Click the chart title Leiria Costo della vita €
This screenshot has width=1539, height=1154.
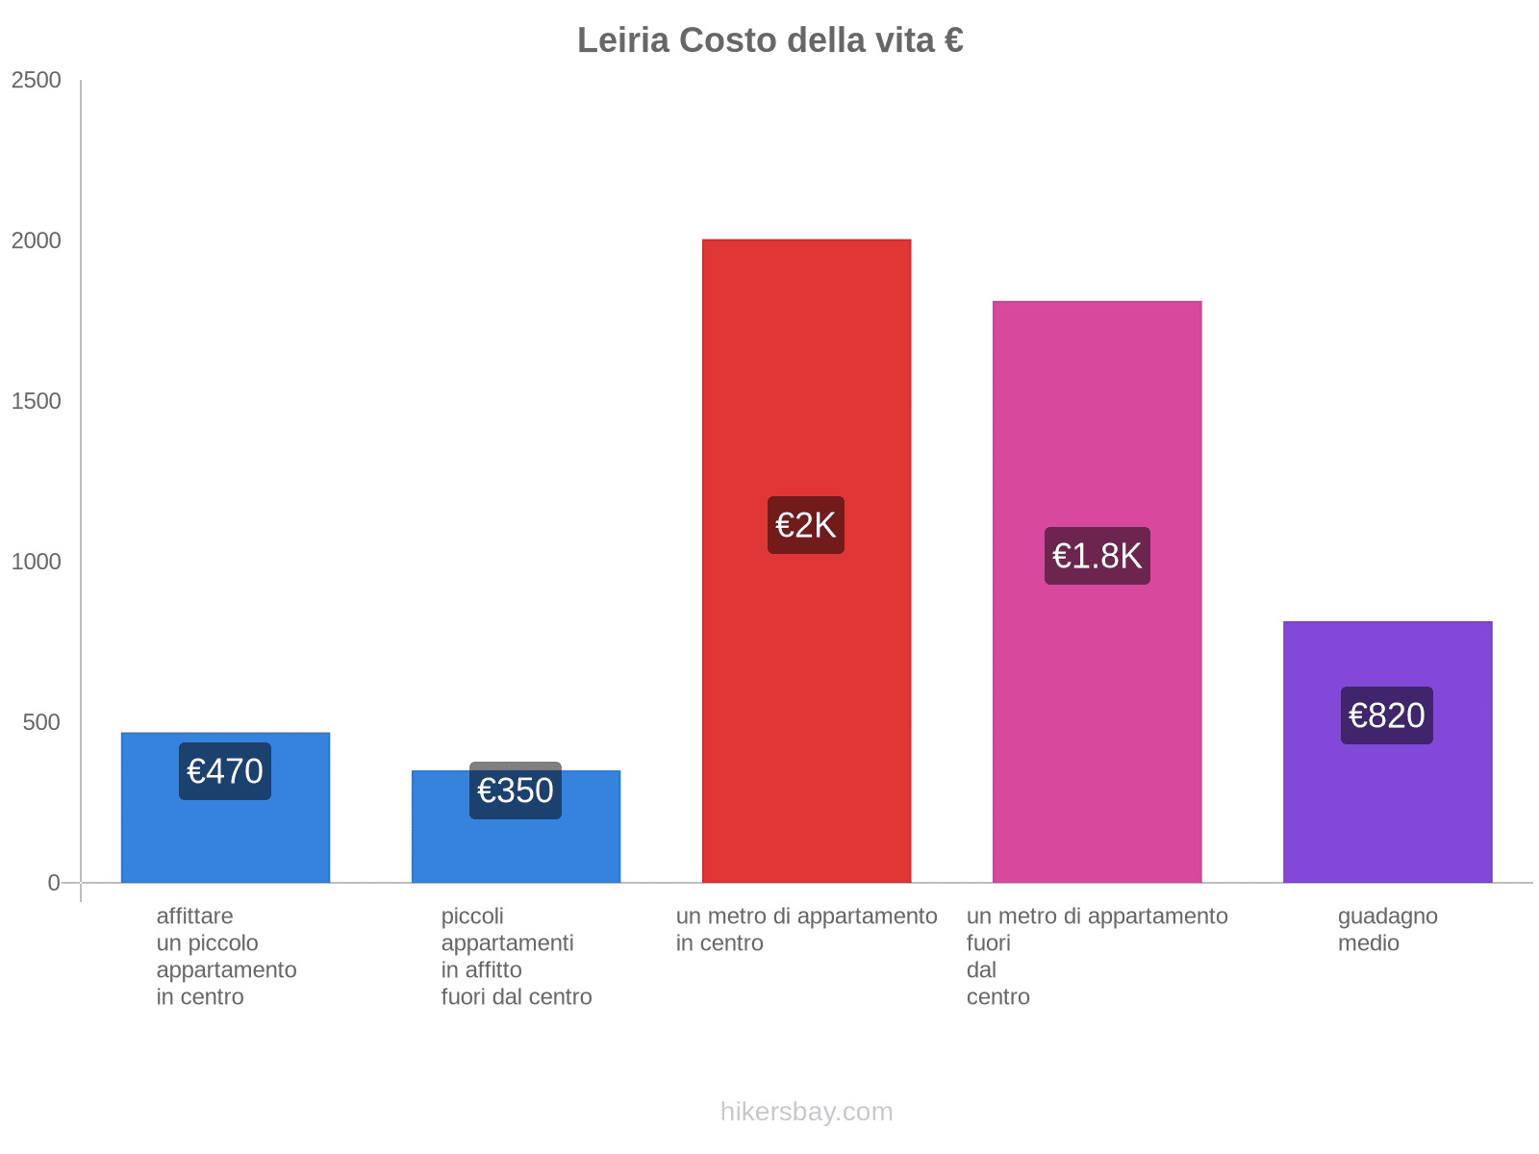(769, 40)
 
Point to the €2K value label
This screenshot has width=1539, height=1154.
(806, 525)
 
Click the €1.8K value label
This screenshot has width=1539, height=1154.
(1097, 556)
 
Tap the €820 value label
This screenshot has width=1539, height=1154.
(1387, 715)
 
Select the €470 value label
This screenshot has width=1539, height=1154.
(225, 771)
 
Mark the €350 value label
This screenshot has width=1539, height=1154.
(516, 790)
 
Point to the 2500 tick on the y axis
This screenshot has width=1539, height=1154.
(37, 80)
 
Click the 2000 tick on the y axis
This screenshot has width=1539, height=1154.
(37, 240)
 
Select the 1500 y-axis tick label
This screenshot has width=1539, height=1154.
(37, 401)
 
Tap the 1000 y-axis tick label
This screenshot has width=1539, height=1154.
(37, 562)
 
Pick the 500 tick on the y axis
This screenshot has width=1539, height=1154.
(42, 722)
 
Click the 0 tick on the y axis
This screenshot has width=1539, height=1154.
(54, 883)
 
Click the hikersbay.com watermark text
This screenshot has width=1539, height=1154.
(806, 1112)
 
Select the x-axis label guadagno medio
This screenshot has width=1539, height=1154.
(1387, 929)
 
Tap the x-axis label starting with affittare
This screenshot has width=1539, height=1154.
(226, 956)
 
